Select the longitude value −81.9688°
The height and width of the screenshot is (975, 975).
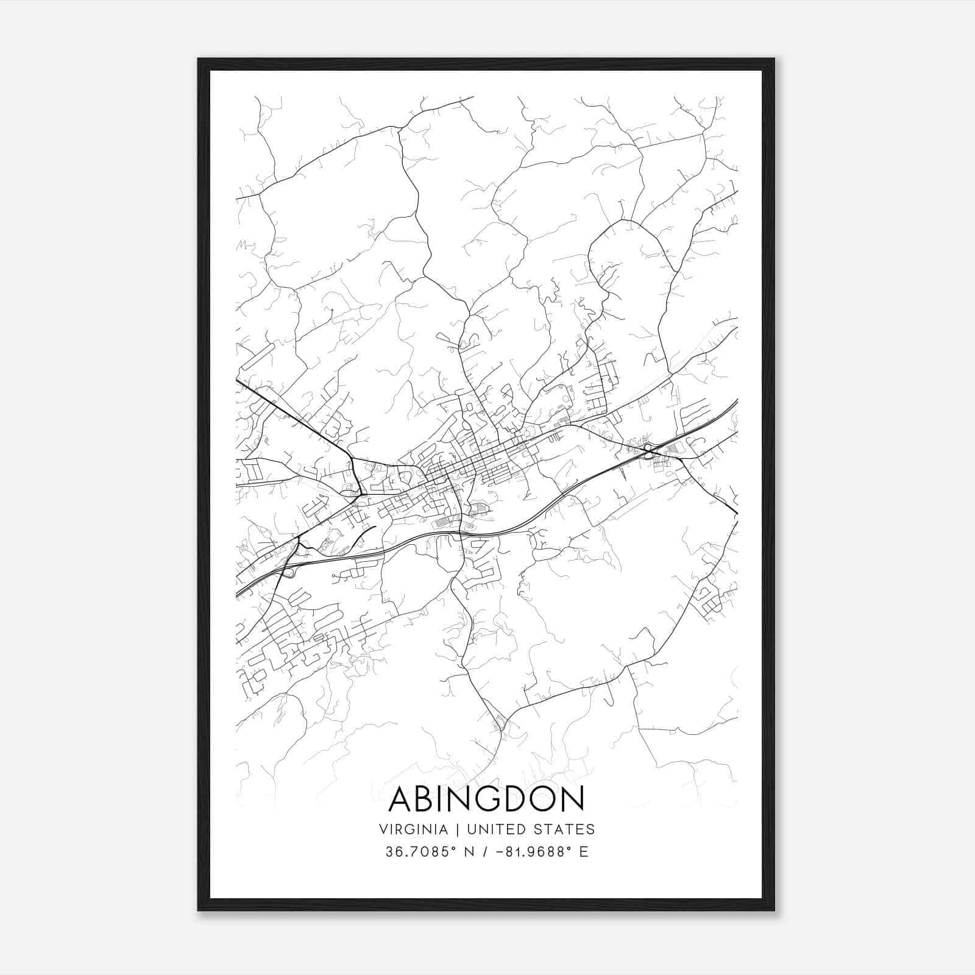click(530, 852)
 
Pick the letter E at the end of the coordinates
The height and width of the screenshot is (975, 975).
click(584, 852)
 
